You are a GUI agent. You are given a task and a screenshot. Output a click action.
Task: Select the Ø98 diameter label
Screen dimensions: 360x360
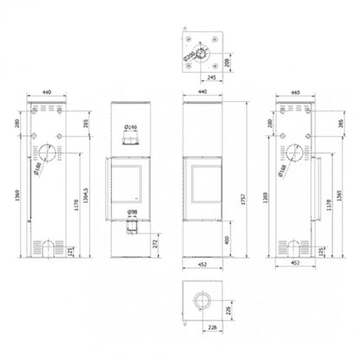(x=132, y=212)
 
